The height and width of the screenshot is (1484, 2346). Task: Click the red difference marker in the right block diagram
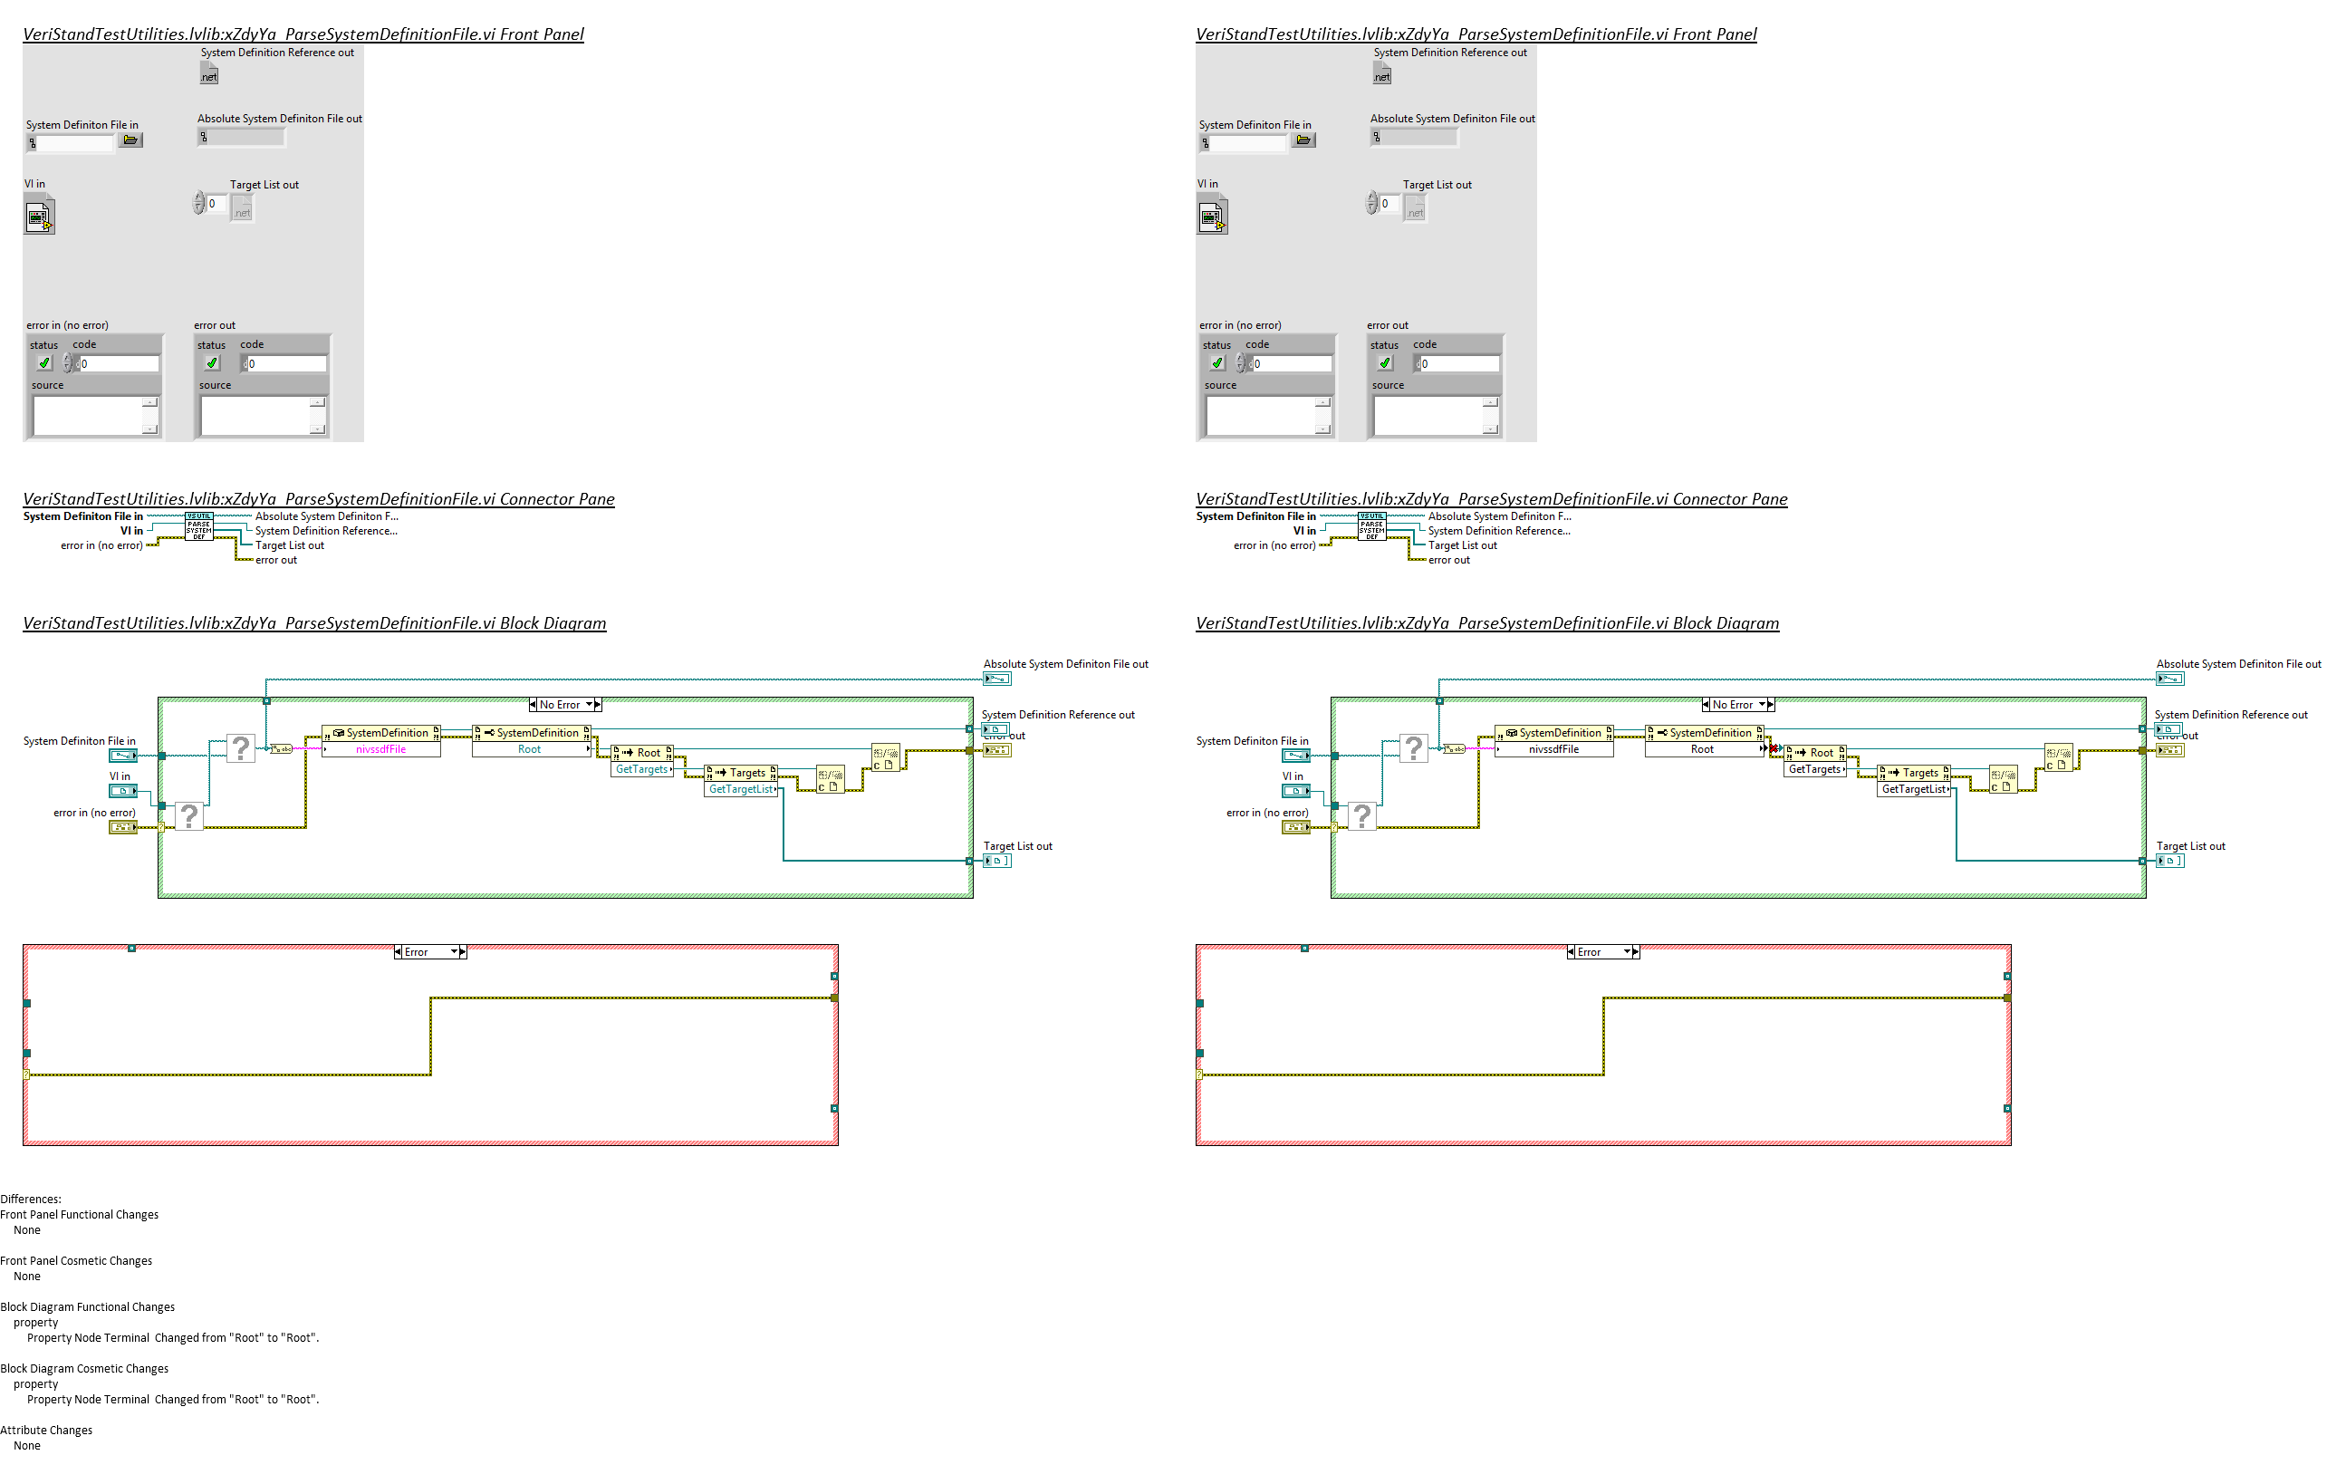1774,748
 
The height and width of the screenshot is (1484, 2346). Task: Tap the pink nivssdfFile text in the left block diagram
381,749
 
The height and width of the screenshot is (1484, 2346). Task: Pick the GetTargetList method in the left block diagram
740,789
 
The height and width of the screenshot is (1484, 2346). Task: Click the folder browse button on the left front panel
130,140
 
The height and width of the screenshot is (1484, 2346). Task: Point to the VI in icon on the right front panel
1212,217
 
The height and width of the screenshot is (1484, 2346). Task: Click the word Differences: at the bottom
31,1200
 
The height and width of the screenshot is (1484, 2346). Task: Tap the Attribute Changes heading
47,1431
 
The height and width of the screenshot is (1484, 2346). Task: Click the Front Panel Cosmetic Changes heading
77,1261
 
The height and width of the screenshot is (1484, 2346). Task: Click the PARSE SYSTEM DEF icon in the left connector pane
198,527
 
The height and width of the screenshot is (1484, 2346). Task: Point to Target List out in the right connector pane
1462,545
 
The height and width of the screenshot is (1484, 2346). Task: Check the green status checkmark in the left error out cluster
211,363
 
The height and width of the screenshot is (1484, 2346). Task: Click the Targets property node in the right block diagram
1915,773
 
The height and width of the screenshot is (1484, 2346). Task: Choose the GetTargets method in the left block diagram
642,770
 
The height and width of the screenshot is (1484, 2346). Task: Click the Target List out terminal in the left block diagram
997,862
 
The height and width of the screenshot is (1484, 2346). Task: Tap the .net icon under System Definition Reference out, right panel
1381,75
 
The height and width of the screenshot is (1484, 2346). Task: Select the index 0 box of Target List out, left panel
216,204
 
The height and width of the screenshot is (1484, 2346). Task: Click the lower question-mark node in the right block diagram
1362,815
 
